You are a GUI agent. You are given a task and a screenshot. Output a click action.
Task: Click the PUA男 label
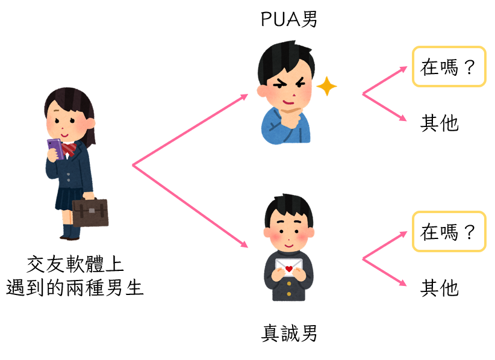288,20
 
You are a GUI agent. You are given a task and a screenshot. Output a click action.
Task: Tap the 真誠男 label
289,333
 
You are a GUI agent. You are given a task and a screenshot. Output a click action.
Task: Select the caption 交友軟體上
75,264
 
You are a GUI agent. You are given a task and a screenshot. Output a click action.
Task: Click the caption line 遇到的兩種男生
75,287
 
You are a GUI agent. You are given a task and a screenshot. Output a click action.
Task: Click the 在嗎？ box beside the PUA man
449,67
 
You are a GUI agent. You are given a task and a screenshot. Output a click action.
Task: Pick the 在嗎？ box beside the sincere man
449,231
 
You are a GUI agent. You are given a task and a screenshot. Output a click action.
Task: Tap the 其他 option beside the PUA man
440,123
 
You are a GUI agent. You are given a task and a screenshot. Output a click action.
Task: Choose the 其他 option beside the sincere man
440,288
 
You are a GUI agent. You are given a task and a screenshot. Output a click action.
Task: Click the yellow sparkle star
326,87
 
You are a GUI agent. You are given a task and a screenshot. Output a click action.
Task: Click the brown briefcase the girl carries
90,213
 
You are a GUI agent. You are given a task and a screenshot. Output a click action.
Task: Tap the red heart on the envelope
289,267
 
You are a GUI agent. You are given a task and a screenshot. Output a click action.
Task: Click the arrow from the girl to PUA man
190,129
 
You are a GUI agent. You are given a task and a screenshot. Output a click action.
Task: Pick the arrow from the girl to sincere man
190,205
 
